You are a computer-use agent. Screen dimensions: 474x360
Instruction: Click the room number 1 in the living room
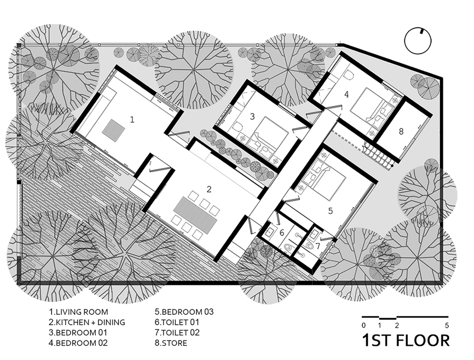point(132,120)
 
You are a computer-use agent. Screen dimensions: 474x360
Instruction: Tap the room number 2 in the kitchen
point(209,189)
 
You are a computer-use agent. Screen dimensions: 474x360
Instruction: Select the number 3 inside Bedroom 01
point(252,116)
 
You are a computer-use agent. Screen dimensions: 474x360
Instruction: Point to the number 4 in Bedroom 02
point(347,94)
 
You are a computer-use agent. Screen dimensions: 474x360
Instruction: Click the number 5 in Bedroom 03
point(330,211)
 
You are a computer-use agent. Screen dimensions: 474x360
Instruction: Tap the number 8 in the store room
point(401,132)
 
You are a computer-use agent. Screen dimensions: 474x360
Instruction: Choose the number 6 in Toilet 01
point(282,233)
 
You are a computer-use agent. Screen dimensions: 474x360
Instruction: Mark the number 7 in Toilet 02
point(318,246)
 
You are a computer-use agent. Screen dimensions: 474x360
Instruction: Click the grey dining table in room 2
point(195,215)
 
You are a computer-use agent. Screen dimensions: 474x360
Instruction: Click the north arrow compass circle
point(418,41)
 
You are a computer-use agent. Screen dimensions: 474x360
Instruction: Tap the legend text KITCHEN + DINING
point(91,322)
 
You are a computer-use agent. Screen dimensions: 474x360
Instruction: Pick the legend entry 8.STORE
point(171,343)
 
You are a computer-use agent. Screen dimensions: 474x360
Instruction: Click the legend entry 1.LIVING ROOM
point(78,312)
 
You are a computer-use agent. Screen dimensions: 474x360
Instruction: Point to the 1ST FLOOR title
point(406,341)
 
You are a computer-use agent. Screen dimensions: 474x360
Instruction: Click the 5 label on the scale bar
point(447,326)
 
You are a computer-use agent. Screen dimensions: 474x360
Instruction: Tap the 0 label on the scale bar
point(363,326)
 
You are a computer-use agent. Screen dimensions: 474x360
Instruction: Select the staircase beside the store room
point(377,155)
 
